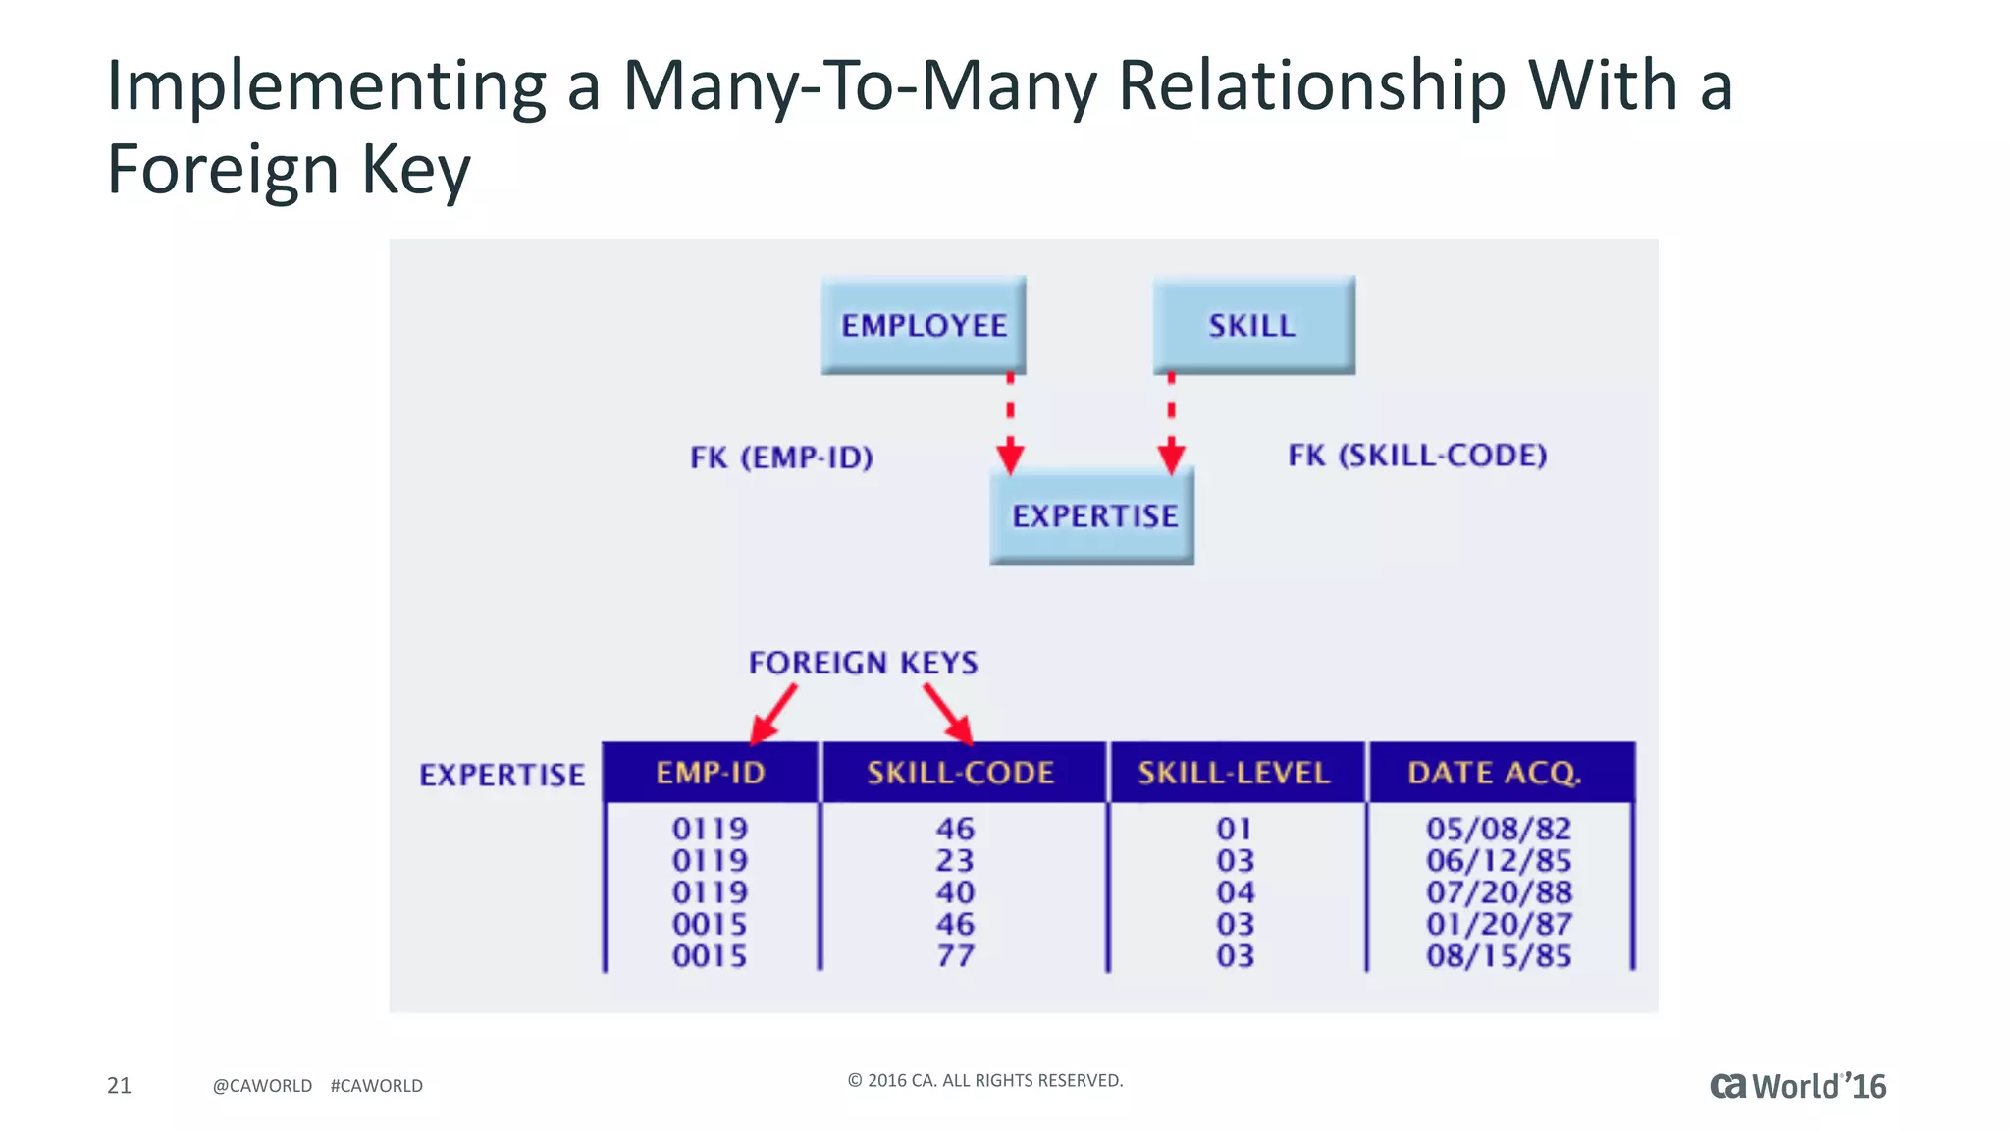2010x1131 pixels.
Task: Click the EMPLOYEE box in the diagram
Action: tap(924, 325)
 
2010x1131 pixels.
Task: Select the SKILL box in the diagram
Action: tap(1253, 325)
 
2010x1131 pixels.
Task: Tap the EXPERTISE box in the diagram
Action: tap(1092, 516)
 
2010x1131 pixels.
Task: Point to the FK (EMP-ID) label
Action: tap(781, 458)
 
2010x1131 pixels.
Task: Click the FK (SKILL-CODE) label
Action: tap(1417, 456)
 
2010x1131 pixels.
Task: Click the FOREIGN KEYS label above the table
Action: tap(864, 663)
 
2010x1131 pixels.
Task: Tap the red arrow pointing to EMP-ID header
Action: tap(773, 714)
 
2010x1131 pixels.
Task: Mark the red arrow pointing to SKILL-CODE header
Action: tap(948, 714)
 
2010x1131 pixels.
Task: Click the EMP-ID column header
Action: tap(711, 774)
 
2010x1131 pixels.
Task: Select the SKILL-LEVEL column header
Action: tap(1235, 774)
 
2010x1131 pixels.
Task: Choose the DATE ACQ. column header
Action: tap(1495, 774)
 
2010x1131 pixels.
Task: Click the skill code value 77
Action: tap(955, 956)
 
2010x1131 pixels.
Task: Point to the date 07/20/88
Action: tap(1499, 892)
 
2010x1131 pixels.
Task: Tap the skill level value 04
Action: tap(1236, 892)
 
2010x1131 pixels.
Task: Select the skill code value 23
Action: tap(955, 861)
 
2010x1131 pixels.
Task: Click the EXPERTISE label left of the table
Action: tap(502, 776)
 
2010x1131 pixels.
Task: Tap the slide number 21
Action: tap(119, 1085)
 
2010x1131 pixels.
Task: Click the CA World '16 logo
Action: tap(1798, 1086)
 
